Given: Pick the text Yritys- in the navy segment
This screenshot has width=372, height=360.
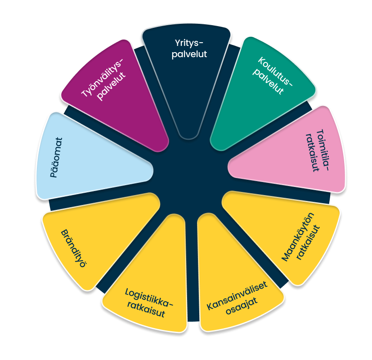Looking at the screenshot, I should pos(189,43).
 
